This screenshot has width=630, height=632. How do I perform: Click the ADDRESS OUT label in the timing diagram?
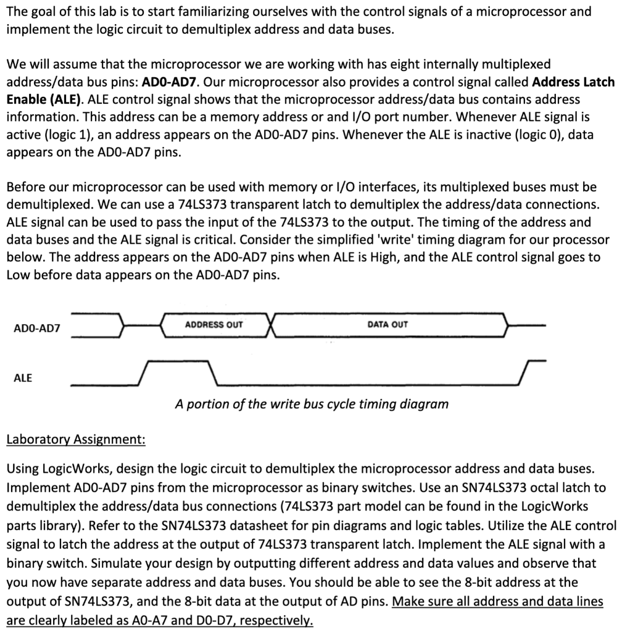tap(213, 325)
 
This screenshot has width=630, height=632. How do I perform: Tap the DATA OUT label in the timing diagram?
tap(388, 325)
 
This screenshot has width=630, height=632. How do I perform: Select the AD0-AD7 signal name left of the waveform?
tap(37, 328)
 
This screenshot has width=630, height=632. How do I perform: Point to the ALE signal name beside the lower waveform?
tap(22, 378)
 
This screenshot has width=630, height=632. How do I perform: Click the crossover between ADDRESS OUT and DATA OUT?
tap(271, 325)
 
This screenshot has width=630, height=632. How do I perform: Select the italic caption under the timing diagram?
tap(312, 404)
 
